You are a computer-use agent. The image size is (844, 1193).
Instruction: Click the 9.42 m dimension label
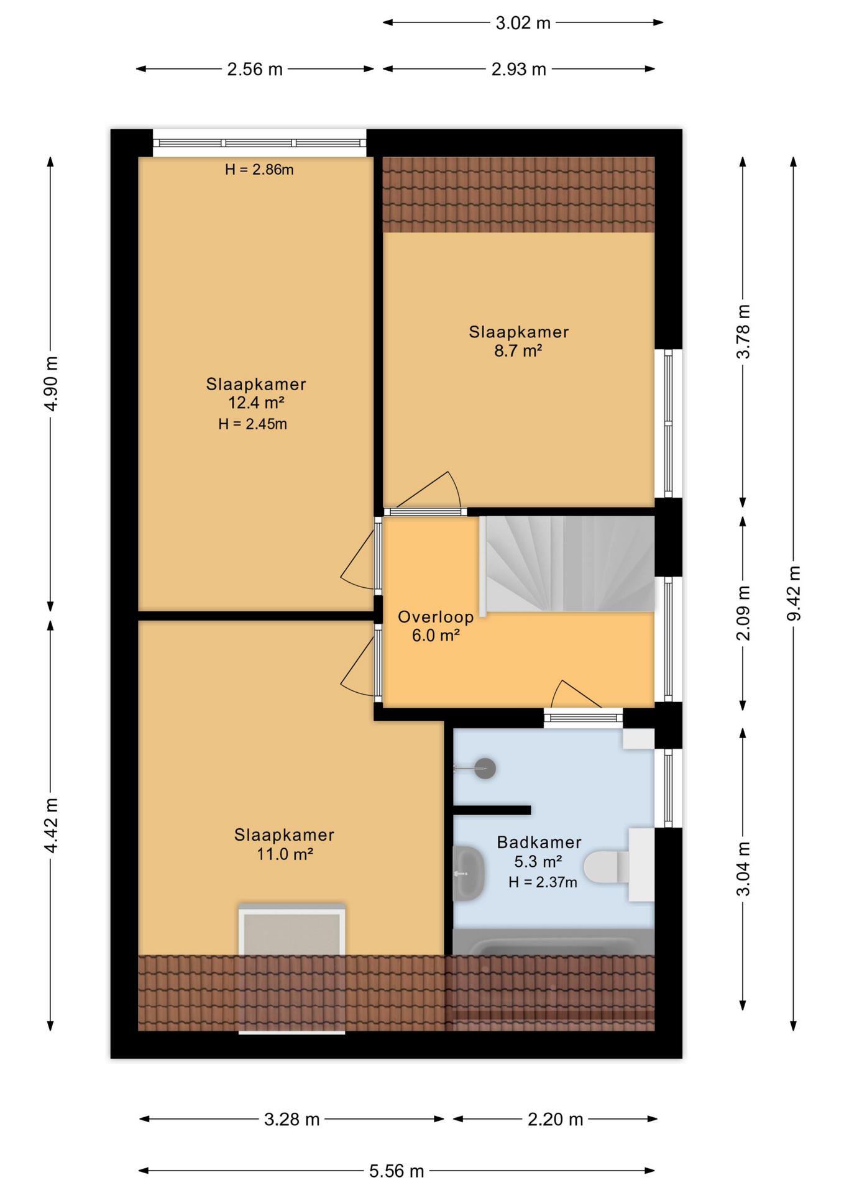click(793, 593)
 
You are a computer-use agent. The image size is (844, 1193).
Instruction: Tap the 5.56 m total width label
click(396, 1171)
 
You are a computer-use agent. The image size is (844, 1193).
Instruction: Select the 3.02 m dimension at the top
click(523, 23)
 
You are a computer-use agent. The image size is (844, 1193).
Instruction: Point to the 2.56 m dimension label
click(254, 69)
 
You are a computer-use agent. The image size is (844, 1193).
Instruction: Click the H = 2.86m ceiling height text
click(259, 170)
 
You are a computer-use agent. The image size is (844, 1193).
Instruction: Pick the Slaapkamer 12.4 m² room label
click(256, 394)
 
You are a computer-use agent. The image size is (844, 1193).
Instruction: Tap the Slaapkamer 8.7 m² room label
click(518, 341)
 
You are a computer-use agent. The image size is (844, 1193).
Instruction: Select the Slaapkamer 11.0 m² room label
click(284, 844)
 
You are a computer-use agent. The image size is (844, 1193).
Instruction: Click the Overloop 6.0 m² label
click(435, 626)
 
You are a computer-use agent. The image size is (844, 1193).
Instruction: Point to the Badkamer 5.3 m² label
click(539, 852)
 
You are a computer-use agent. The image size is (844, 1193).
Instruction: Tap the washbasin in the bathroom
click(467, 873)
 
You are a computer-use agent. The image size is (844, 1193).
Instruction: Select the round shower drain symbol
click(485, 769)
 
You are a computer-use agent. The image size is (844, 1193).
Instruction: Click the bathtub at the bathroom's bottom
click(553, 944)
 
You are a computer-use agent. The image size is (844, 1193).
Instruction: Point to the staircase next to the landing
click(569, 564)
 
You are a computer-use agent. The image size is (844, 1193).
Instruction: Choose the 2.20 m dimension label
click(555, 1119)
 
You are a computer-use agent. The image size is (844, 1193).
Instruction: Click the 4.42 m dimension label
click(51, 825)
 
